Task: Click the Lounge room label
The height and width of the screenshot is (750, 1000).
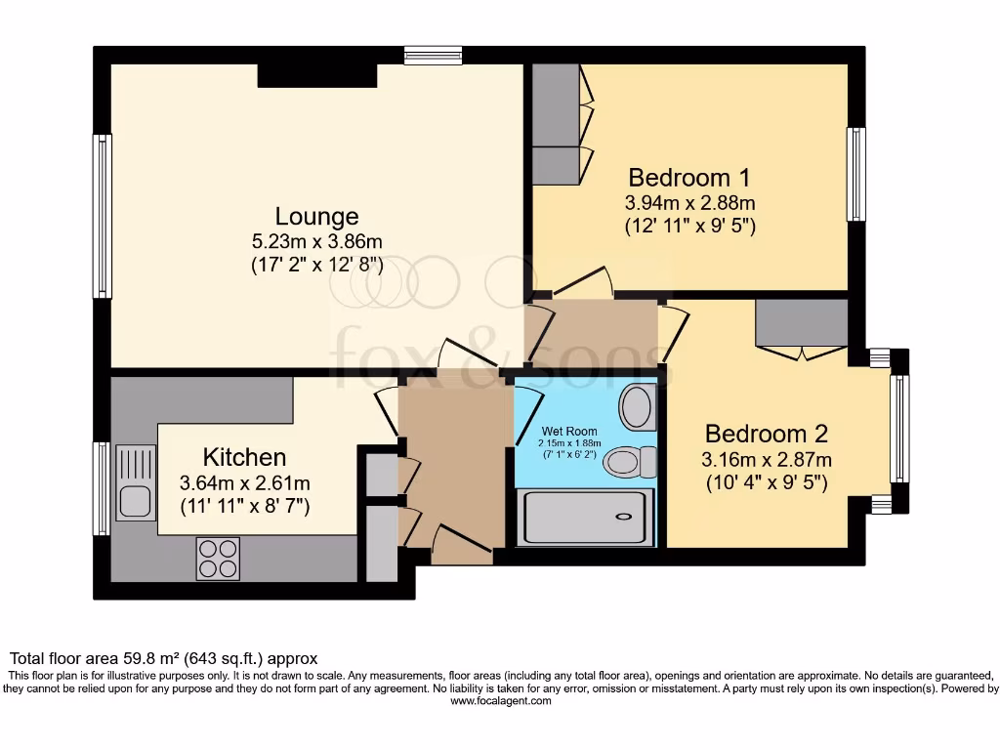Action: pos(316,216)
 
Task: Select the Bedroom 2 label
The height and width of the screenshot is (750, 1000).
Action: pos(768,434)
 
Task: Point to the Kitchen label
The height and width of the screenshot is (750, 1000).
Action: pos(244,457)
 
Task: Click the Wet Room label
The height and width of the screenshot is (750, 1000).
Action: pos(571,431)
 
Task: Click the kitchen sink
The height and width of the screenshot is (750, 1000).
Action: pos(135,481)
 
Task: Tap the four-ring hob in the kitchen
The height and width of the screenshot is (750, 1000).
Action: pos(218,559)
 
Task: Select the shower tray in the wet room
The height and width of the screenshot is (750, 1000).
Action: pos(584,517)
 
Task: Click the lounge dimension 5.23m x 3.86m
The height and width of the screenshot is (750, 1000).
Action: pos(315,241)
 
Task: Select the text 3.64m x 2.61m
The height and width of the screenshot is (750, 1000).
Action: pos(244,482)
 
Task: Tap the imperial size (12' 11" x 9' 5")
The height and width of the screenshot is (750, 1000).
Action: pos(690,227)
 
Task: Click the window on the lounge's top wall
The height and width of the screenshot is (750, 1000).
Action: pos(433,56)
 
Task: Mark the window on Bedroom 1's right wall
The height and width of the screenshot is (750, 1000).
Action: pos(855,175)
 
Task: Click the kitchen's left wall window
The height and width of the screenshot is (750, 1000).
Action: pos(102,488)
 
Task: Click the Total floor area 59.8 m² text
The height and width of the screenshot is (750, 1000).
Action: pos(163,659)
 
